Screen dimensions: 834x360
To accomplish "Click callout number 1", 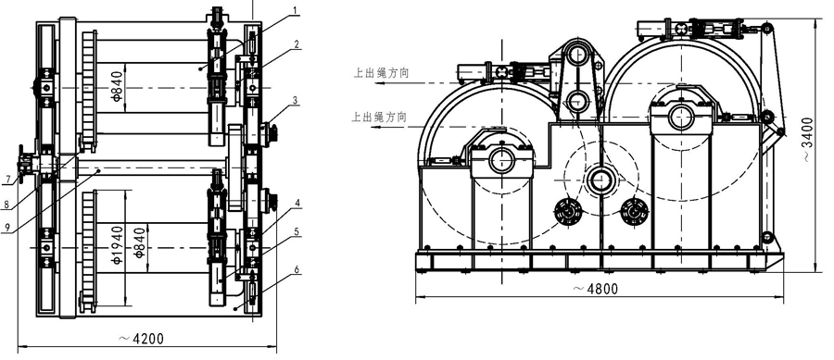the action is pyautogui.click(x=297, y=10).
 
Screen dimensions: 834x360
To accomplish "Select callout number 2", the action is pyautogui.click(x=297, y=44).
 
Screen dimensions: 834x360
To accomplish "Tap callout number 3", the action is pyautogui.click(x=297, y=99).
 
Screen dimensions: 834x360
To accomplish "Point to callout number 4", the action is pyautogui.click(x=297, y=203).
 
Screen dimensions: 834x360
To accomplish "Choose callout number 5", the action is pyautogui.click(x=297, y=231).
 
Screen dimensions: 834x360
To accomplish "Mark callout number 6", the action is pyautogui.click(x=297, y=270).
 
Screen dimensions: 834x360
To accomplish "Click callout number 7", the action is pyautogui.click(x=6, y=180).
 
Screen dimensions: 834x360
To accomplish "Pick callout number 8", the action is pyautogui.click(x=6, y=203).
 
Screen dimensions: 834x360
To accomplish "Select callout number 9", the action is pyautogui.click(x=6, y=227).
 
